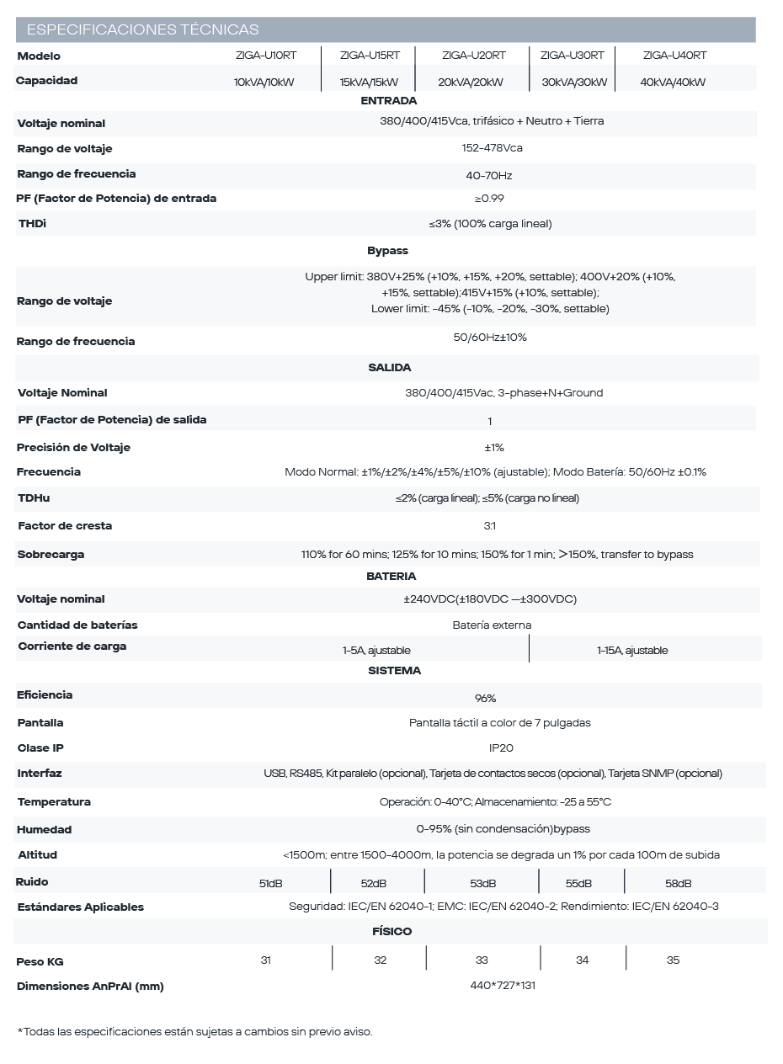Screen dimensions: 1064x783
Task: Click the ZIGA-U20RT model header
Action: [x=473, y=56]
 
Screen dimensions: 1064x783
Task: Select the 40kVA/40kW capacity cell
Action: [x=673, y=82]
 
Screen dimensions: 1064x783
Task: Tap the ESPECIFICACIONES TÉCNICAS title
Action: [x=143, y=30]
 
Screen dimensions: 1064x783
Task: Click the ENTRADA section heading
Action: [x=383, y=100]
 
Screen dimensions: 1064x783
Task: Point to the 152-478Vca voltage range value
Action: [x=493, y=148]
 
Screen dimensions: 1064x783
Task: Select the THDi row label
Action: [x=32, y=224]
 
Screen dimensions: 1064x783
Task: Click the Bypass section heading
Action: [x=387, y=251]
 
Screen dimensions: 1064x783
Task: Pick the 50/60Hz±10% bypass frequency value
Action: [x=490, y=338]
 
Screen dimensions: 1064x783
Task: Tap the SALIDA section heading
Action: [x=389, y=368]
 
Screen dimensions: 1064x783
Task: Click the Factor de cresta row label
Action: [x=65, y=526]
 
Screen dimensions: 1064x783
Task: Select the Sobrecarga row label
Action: [x=51, y=555]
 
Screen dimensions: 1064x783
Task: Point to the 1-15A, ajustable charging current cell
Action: [x=631, y=651]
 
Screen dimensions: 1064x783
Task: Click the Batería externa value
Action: [x=492, y=625]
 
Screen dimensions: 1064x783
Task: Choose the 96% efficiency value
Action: [x=486, y=699]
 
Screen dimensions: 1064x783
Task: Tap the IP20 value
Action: [x=501, y=748]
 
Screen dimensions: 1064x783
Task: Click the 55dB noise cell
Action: [x=578, y=884]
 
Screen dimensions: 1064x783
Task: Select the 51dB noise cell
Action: [x=270, y=884]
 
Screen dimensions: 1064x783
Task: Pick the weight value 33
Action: [x=482, y=960]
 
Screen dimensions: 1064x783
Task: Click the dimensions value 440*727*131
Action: [x=503, y=986]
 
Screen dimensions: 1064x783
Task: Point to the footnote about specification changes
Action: [x=194, y=1031]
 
